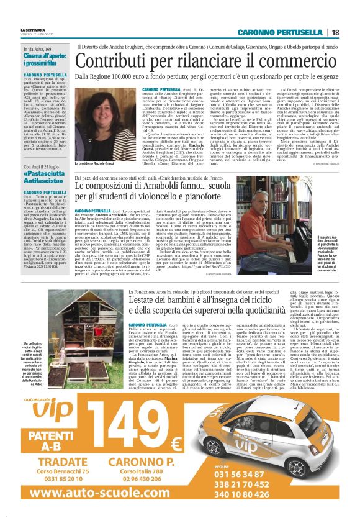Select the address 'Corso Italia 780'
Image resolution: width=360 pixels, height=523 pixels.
tap(143, 473)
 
